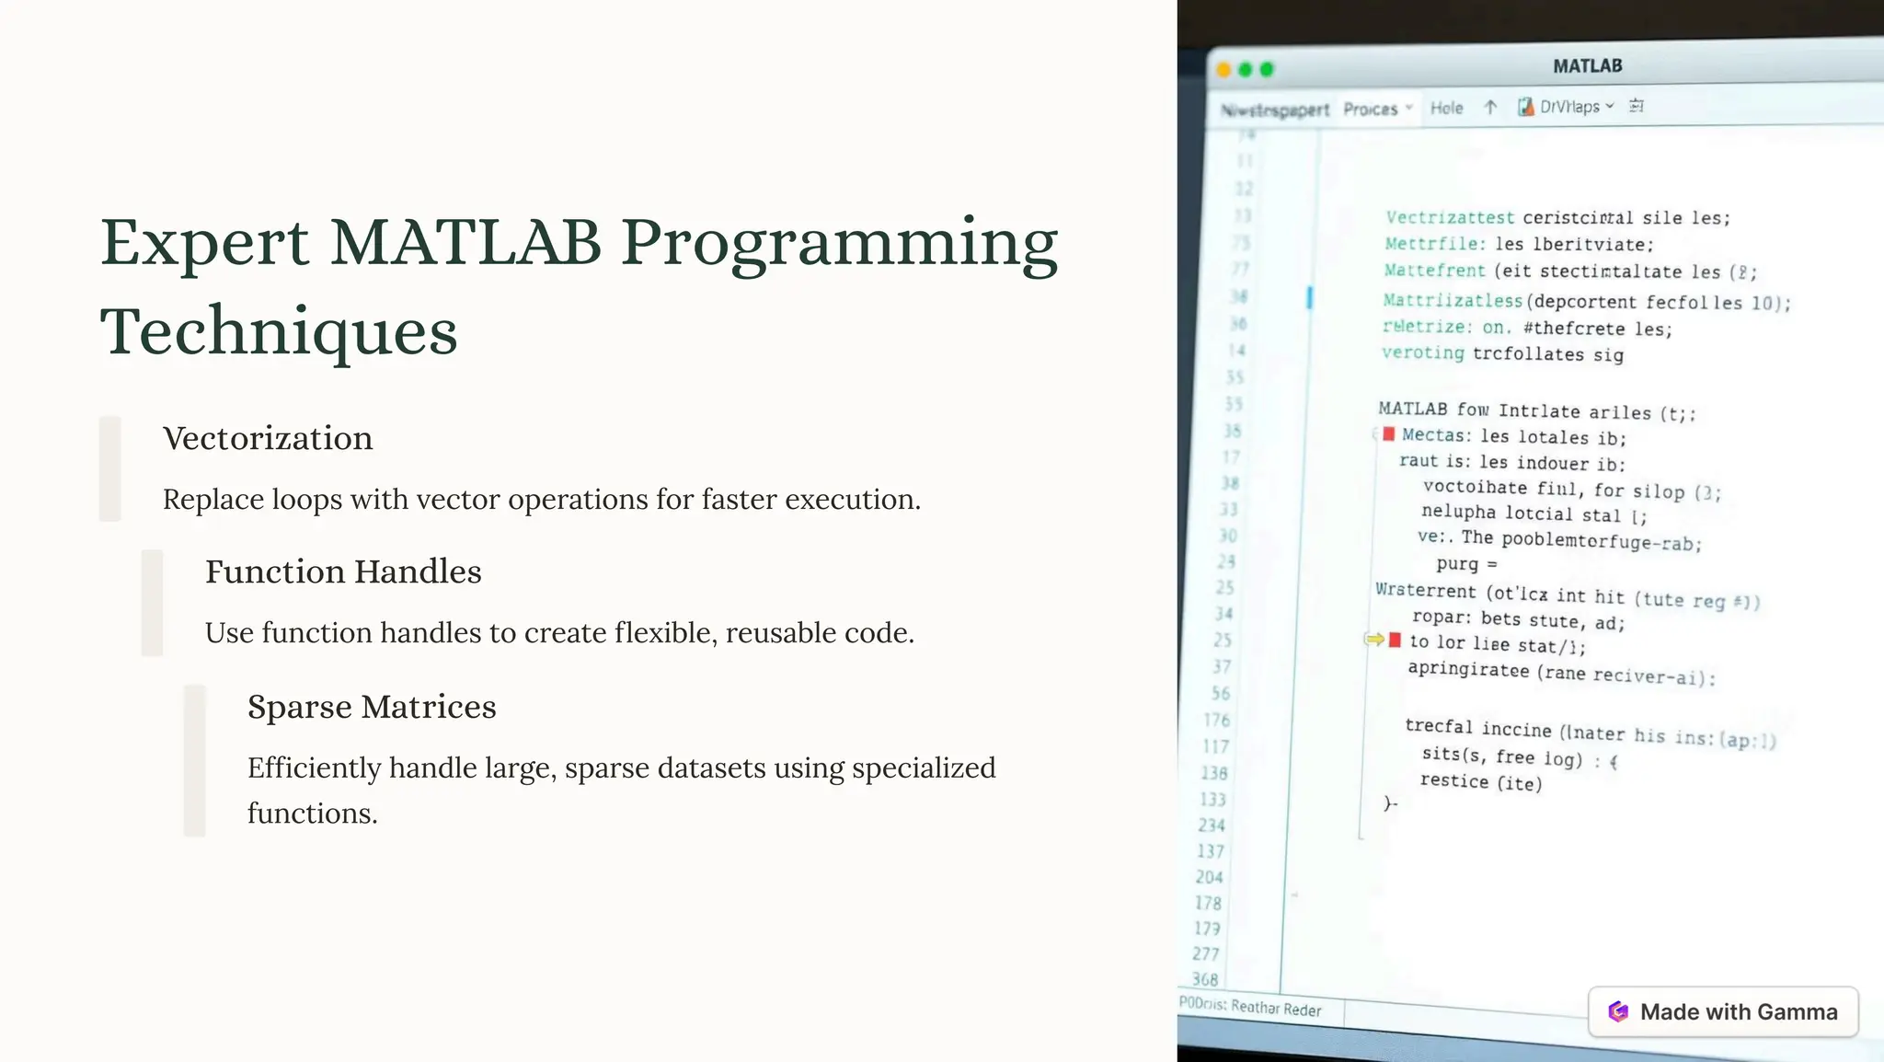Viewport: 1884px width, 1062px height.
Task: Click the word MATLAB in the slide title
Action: tap(465, 243)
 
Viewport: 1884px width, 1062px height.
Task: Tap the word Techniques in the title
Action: tap(278, 331)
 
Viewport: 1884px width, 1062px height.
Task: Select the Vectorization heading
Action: tap(268, 438)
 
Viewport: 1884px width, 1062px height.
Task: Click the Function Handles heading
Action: tap(343, 571)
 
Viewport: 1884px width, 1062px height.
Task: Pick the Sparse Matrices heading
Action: tap(372, 707)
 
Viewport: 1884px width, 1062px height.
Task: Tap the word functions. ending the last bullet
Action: tap(312, 814)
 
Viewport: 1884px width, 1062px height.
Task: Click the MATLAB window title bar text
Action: tap(1587, 66)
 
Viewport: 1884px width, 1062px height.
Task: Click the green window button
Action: tap(1267, 70)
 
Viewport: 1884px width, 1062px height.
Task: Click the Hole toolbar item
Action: tap(1446, 108)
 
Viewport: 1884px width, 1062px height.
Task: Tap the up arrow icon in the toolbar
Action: tap(1490, 107)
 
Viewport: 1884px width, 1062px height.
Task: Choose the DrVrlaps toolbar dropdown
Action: tap(1567, 107)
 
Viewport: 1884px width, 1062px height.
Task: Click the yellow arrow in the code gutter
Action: tap(1374, 639)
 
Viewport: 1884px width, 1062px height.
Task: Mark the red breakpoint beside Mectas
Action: tap(1388, 434)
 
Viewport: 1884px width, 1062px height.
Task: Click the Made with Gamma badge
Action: tap(1723, 1012)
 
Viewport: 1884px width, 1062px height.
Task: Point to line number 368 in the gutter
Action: tap(1205, 979)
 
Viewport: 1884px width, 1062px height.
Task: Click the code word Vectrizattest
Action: tap(1449, 218)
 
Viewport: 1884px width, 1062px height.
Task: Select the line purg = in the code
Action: tap(1465, 564)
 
